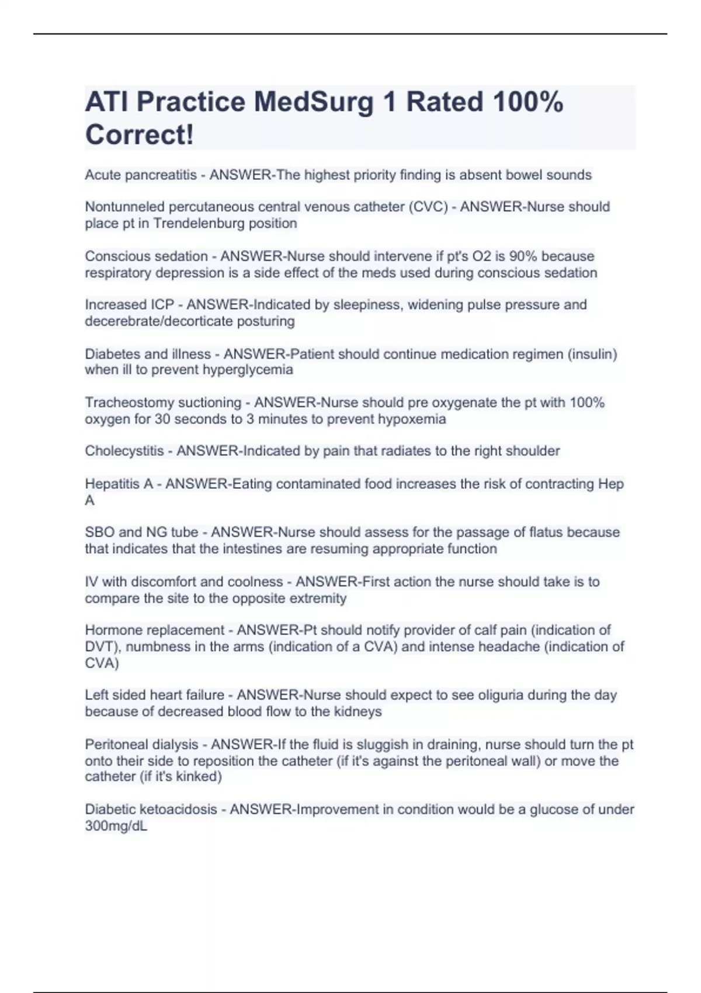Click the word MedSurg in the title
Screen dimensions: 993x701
point(313,102)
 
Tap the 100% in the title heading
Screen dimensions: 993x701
point(528,102)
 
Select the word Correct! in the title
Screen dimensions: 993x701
point(139,135)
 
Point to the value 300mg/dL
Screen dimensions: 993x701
point(116,827)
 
